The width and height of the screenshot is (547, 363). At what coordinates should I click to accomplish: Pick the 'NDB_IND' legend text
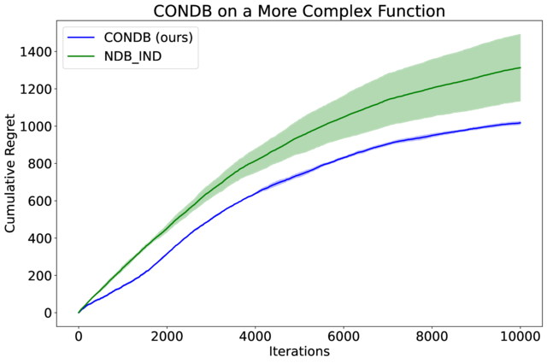(134, 56)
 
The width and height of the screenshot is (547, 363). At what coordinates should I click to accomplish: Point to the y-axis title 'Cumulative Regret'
(12, 174)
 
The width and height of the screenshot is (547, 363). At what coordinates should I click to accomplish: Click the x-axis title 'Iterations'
(298, 350)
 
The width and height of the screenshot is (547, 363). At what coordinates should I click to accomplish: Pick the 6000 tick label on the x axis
(344, 333)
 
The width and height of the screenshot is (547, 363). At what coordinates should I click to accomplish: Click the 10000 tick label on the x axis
(520, 333)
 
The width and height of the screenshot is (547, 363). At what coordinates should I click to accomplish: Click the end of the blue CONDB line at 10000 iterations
(520, 123)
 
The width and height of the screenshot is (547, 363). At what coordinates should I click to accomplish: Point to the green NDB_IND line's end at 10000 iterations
(520, 67)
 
